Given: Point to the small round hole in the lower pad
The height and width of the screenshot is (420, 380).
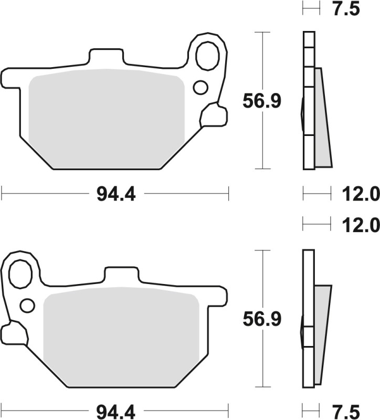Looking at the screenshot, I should coord(27,304).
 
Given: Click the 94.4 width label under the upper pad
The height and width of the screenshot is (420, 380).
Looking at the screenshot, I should coord(116,195).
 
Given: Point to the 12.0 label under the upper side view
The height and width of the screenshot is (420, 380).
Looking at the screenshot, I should coord(362,195).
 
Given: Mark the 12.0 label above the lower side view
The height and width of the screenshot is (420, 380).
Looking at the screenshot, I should coord(362,225).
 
